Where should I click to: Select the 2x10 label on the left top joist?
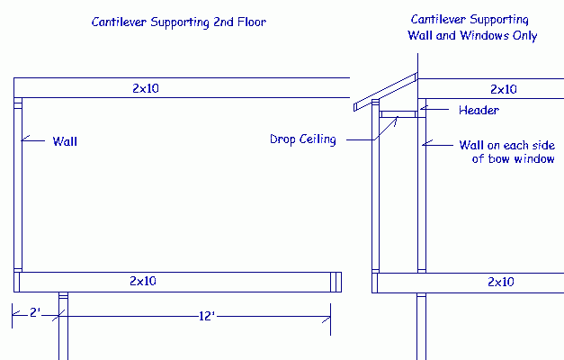coord(142,88)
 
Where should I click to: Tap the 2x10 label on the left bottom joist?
coord(142,282)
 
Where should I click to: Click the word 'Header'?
coord(479,110)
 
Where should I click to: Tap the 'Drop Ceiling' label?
coord(302,139)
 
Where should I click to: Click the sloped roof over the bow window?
coord(385,94)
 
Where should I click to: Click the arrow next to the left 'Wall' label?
coord(32,139)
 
